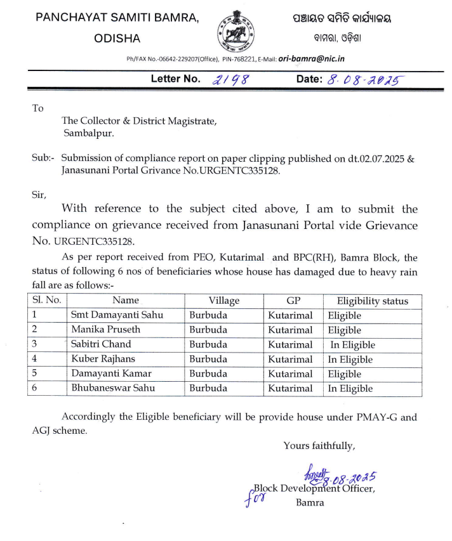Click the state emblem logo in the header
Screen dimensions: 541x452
(x=234, y=30)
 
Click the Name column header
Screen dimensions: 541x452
(x=125, y=301)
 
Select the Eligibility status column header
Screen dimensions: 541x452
(x=372, y=301)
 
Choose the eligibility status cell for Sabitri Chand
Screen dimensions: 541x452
(x=352, y=345)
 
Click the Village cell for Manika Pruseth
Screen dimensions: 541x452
(x=208, y=330)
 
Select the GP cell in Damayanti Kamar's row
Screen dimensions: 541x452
(x=290, y=374)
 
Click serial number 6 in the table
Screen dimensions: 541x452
(x=35, y=388)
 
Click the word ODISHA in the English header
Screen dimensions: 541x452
(x=117, y=38)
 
